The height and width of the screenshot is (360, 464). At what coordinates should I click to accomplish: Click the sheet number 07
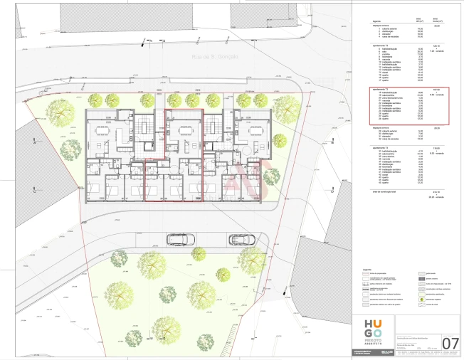click(450, 343)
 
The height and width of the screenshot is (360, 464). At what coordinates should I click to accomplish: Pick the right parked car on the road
click(243, 240)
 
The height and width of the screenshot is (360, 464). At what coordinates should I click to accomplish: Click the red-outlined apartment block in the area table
click(405, 106)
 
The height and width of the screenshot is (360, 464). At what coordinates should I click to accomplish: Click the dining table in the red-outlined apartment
click(184, 131)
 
